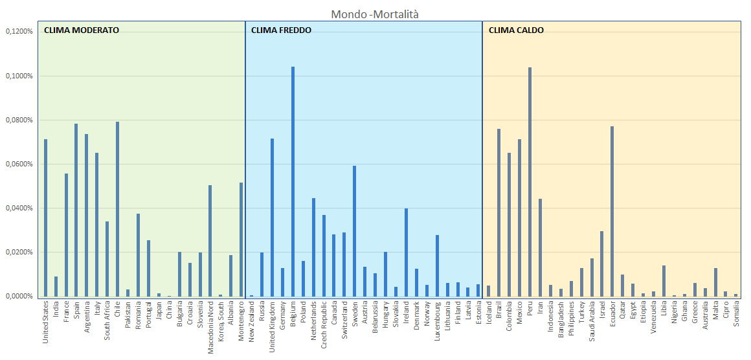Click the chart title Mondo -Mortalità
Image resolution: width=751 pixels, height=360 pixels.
pos(370,14)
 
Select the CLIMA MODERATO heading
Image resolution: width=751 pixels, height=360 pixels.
pos(81,30)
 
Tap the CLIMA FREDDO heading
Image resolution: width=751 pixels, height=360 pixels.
pos(281,30)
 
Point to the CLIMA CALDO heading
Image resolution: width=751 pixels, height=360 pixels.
pos(516,30)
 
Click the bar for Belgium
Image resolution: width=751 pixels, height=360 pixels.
pos(293,181)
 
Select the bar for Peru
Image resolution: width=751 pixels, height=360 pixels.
pos(530,181)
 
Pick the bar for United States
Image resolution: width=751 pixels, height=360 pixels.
pos(45,218)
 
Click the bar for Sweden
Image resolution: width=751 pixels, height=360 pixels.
pos(354,231)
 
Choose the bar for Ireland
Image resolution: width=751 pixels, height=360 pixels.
pos(406,252)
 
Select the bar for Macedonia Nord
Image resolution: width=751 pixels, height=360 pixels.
pos(210,240)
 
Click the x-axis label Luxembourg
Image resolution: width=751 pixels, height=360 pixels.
pos(437,322)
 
